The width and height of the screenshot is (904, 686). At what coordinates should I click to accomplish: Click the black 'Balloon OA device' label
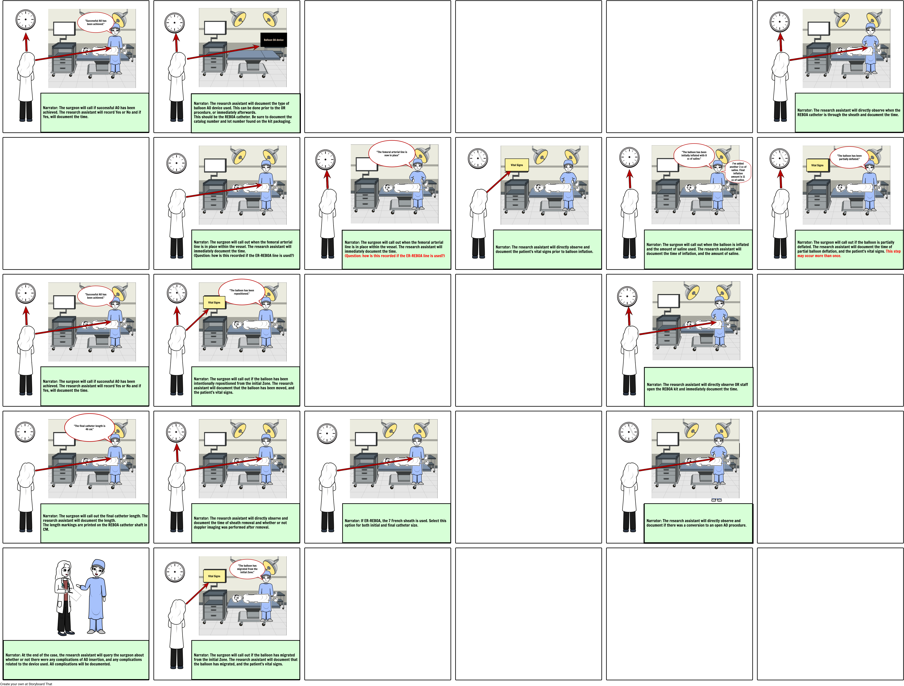[x=273, y=40]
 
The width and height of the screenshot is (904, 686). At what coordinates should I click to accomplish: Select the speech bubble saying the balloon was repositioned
[x=242, y=292]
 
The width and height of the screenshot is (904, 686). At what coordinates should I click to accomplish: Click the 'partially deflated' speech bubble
[x=849, y=157]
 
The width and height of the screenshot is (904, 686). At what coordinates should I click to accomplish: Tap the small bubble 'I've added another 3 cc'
[x=738, y=171]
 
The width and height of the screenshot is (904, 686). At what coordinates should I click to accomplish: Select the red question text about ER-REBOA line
[x=394, y=256]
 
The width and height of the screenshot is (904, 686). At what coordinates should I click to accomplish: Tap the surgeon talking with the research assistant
[x=97, y=597]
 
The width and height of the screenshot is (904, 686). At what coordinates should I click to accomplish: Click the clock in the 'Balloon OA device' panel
[x=175, y=23]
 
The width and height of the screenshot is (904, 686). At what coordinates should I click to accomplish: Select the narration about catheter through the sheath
[x=848, y=112]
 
